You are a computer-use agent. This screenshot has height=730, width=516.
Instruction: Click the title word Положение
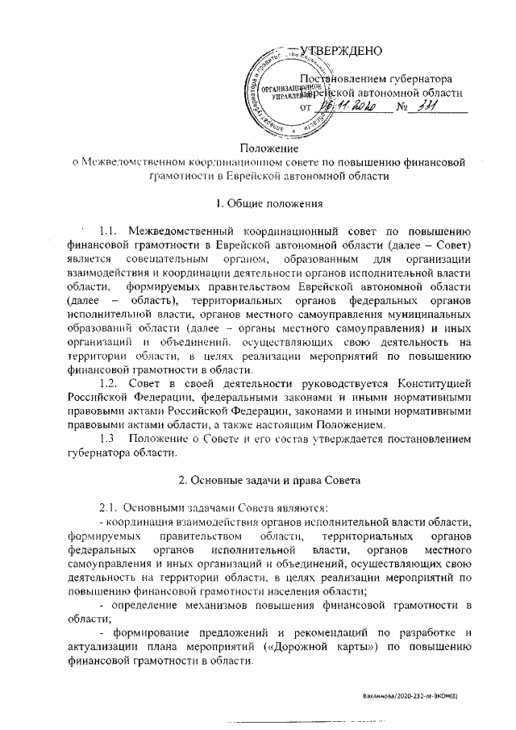(269, 148)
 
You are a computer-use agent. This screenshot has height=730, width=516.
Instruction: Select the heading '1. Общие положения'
(269, 202)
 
